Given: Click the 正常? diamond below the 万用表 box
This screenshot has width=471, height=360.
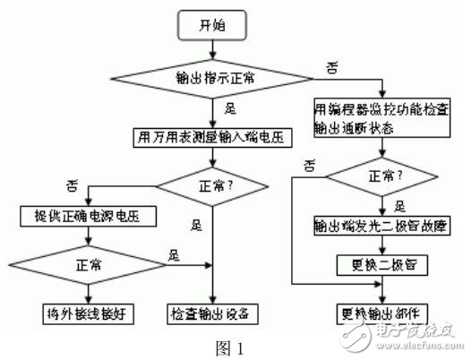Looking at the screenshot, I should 213,188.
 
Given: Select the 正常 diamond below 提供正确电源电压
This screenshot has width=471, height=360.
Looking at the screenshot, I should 87,265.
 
